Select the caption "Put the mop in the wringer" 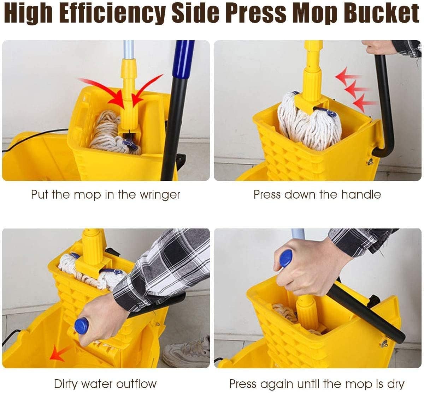[106, 195]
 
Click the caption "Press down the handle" [317, 195]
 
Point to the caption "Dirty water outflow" [105, 384]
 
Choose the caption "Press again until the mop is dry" [317, 384]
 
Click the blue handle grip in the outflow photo [81, 326]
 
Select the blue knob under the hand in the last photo [285, 258]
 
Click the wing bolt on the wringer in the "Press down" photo [370, 162]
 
